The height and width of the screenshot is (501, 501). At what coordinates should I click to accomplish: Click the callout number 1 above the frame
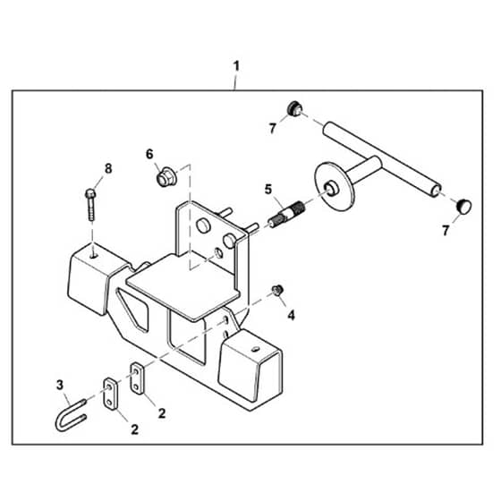coord(236,66)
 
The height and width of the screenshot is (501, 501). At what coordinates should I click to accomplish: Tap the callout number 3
coord(60,385)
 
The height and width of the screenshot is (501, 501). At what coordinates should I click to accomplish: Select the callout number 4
coord(291,316)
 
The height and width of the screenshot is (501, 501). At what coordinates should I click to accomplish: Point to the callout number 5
coord(268,190)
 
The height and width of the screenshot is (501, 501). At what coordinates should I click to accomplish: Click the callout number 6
coord(149,154)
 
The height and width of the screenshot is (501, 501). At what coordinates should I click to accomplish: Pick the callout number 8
coord(108,169)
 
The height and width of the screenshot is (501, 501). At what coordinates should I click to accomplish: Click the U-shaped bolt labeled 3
coord(71,415)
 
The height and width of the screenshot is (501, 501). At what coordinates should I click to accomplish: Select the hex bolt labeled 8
coord(90,205)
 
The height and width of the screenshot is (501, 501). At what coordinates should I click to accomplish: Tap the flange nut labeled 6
coord(166,176)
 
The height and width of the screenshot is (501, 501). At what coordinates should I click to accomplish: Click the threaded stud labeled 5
coord(286,214)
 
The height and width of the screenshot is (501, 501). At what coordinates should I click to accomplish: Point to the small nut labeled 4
coord(277,290)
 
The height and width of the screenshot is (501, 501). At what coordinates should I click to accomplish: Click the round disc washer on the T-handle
coord(335,186)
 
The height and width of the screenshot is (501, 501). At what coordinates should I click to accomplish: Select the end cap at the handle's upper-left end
coord(294,109)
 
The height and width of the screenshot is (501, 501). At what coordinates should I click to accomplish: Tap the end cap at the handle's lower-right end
coord(464,206)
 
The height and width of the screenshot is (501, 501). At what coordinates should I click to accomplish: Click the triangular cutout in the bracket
coord(133,310)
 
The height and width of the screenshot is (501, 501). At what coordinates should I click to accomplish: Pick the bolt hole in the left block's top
coord(93,256)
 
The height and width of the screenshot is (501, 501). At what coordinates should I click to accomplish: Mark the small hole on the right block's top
coord(255,349)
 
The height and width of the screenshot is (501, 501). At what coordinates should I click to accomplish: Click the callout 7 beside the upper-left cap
coord(272,129)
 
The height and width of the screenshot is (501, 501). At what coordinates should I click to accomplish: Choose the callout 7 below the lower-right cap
coord(446,231)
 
